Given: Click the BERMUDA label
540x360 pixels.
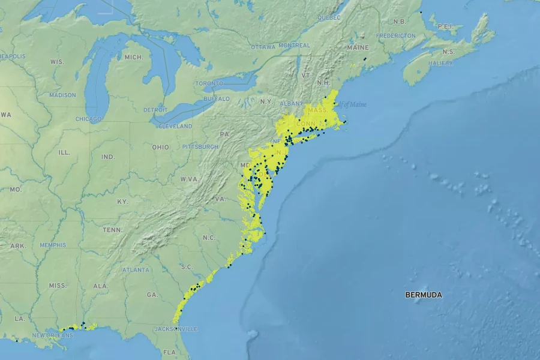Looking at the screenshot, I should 424,295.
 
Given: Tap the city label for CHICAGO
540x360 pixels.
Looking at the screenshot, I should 89,119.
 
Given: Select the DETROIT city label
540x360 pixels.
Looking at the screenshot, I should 156,110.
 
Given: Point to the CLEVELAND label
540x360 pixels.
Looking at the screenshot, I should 175,126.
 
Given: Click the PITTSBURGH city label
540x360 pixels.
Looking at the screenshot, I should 200,146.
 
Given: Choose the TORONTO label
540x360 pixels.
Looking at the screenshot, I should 209,83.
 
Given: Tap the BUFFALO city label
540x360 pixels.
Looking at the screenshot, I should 217,98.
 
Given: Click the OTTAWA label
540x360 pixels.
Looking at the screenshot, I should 263,46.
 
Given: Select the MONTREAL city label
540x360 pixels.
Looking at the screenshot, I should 295,46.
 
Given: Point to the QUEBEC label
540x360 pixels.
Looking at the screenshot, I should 329,18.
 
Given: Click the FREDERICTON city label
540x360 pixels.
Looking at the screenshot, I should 396,35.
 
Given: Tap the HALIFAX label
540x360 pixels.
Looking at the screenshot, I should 440,63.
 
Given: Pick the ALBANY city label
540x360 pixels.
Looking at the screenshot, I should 292,103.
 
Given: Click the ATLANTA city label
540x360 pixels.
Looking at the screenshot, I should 136,270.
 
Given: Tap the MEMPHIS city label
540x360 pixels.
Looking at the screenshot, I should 53,245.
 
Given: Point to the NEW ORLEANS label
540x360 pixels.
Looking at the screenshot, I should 53,335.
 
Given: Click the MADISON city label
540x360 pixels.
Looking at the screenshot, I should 62,95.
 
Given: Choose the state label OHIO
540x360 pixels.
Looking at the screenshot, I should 160,147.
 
